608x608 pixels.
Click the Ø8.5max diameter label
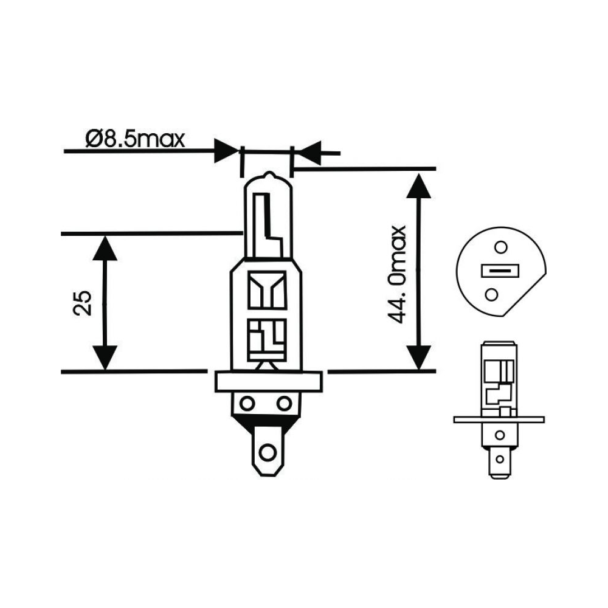(134, 139)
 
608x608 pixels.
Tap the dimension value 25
(84, 302)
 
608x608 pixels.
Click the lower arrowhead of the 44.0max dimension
(417, 357)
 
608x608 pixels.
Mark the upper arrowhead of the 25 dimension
(106, 247)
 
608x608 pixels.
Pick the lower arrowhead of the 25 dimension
(106, 357)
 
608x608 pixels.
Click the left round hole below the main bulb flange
(247, 403)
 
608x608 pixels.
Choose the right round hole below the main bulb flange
(284, 403)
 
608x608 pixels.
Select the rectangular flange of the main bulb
(267, 381)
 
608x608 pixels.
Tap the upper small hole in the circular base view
(500, 247)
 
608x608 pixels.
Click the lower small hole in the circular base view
(491, 295)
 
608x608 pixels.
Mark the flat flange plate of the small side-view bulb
(498, 419)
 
